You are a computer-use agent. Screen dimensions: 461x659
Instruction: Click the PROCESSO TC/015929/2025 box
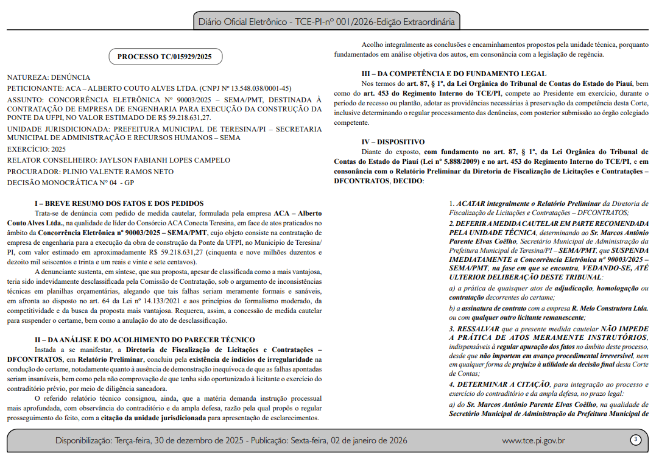[x=166, y=57]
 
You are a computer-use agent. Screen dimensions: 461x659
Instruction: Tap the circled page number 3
[x=635, y=440]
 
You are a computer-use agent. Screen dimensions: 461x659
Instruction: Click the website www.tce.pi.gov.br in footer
[x=533, y=440]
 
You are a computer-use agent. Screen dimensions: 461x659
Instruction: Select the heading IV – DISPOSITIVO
[x=391, y=142]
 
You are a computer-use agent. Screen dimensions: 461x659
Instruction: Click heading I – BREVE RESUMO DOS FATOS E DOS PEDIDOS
[x=119, y=203]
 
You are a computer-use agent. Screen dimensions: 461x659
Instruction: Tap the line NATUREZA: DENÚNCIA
[x=49, y=77]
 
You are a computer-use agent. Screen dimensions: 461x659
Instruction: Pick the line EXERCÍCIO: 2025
[x=37, y=149]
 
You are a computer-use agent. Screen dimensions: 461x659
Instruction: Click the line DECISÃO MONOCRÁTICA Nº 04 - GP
[x=71, y=183]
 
